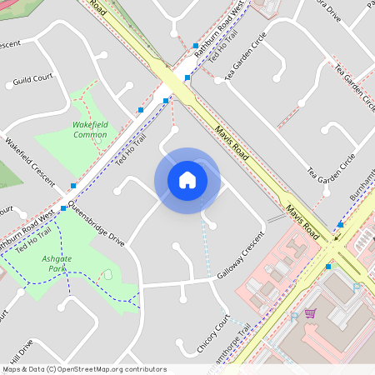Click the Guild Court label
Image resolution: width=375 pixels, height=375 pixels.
(32, 78)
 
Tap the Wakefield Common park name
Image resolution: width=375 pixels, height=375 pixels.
(90, 129)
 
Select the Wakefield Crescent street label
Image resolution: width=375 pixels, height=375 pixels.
(29, 162)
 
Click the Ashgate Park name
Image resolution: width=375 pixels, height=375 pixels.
(57, 264)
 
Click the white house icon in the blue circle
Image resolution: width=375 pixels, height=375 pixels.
(187, 179)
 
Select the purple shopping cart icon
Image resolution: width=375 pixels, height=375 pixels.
(310, 313)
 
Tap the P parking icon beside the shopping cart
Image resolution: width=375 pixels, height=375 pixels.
(294, 317)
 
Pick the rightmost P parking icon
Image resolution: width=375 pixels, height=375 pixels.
(357, 287)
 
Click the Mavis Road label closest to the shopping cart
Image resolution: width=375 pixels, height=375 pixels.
(302, 220)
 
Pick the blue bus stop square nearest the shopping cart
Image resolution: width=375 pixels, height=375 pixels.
(328, 267)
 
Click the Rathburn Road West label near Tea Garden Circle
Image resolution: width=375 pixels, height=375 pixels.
(224, 22)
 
